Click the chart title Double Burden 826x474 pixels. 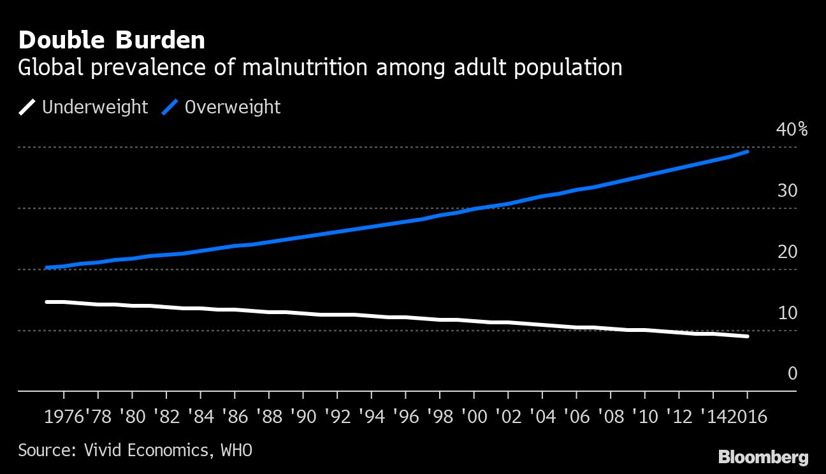[x=112, y=40]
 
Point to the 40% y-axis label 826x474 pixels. [x=792, y=130]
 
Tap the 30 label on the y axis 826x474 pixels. [x=788, y=190]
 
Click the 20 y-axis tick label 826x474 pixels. [x=788, y=252]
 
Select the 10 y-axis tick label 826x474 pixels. [x=788, y=313]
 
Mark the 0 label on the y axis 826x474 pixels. [x=792, y=373]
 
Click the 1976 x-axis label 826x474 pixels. [x=65, y=417]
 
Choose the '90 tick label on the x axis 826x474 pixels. [x=302, y=417]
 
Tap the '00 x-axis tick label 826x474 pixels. [x=473, y=417]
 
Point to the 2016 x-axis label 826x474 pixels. [x=748, y=417]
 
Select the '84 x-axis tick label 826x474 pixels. [x=199, y=417]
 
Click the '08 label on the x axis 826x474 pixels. [x=610, y=417]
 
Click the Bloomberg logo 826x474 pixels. [x=763, y=457]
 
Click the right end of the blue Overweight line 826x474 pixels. [x=747, y=152]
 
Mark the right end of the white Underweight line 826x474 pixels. [x=747, y=336]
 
